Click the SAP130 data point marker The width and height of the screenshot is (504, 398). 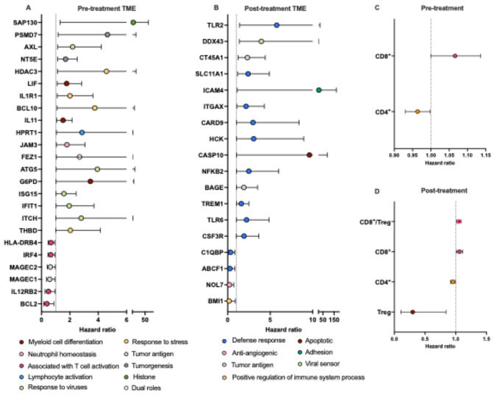coord(133,23)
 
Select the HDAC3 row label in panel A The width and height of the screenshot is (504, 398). coord(29,71)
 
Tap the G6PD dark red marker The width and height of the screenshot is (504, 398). coord(90,181)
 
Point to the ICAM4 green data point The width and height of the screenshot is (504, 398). coord(319,90)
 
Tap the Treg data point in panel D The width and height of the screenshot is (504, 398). coord(412,312)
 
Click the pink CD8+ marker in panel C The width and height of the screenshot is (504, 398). coord(455,56)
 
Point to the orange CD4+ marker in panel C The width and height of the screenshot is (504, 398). coord(417,112)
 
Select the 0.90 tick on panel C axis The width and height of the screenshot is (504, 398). coord(394,156)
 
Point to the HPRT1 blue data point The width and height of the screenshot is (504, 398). coord(82,132)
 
